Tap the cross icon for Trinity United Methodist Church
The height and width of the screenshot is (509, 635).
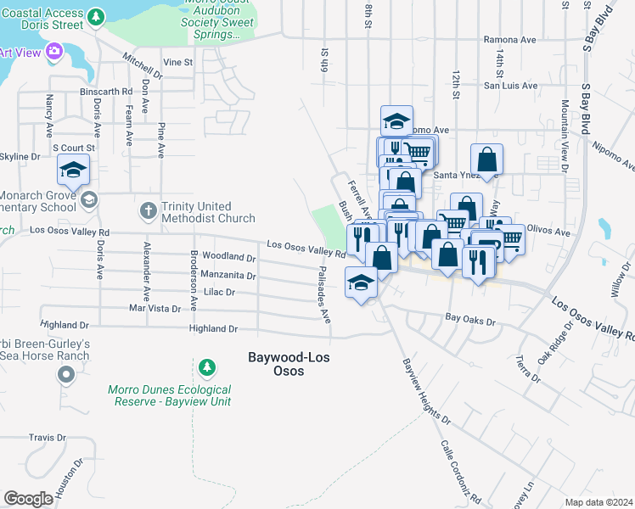pyautogui.click(x=148, y=209)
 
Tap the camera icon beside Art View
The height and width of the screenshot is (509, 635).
pyautogui.click(x=55, y=53)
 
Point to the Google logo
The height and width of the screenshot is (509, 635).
pyautogui.click(x=28, y=499)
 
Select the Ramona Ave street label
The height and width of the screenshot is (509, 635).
pyautogui.click(x=510, y=39)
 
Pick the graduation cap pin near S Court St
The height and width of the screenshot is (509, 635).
pyautogui.click(x=74, y=171)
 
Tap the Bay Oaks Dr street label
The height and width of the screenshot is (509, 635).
pyautogui.click(x=469, y=320)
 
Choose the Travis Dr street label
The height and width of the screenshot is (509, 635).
pyautogui.click(x=47, y=438)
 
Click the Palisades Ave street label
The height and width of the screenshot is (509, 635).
pyautogui.click(x=323, y=295)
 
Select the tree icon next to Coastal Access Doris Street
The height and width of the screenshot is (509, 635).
pyautogui.click(x=97, y=16)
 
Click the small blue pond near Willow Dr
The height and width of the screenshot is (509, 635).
pyautogui.click(x=604, y=228)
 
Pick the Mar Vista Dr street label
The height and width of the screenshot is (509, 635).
pyautogui.click(x=156, y=308)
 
